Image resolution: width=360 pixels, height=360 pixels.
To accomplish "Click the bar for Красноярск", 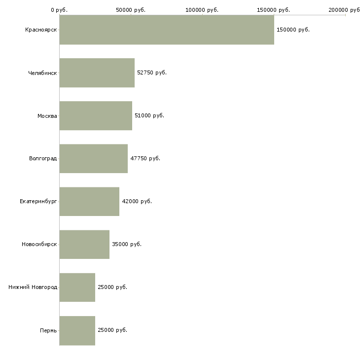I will coord(167,30).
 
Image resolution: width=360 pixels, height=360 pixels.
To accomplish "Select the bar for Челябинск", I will coord(97,72).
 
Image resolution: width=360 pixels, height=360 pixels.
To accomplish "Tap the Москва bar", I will coord(96,115).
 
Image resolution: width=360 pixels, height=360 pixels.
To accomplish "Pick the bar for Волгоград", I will coord(94,158).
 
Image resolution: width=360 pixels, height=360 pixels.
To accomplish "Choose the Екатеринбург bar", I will coord(89,201).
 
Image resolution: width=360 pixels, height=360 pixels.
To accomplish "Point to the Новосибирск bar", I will coord(84,244).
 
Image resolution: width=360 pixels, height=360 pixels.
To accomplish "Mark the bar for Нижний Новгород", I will coord(77,287).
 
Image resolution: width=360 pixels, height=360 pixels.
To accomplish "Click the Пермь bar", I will coord(77,330).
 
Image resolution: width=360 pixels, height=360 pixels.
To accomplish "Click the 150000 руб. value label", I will coord(293,30).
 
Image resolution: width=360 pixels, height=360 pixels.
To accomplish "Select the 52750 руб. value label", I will coord(152,72).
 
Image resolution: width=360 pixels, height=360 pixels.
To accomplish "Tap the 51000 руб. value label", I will coord(149,115).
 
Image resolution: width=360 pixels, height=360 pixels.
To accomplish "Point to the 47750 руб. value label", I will coord(145,158).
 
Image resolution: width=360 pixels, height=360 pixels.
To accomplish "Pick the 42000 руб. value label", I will coord(137,201).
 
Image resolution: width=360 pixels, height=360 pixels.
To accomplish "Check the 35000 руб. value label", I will coord(127,244).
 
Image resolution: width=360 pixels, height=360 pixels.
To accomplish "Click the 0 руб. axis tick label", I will coord(59,10).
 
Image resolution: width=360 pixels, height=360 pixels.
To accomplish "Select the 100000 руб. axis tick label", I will coord(202,10).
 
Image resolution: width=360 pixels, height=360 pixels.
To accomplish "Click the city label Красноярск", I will coord(41,30).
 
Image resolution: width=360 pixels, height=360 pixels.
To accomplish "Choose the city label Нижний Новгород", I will coord(33,287).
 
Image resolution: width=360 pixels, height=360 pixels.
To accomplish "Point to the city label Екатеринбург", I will coord(38,201).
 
